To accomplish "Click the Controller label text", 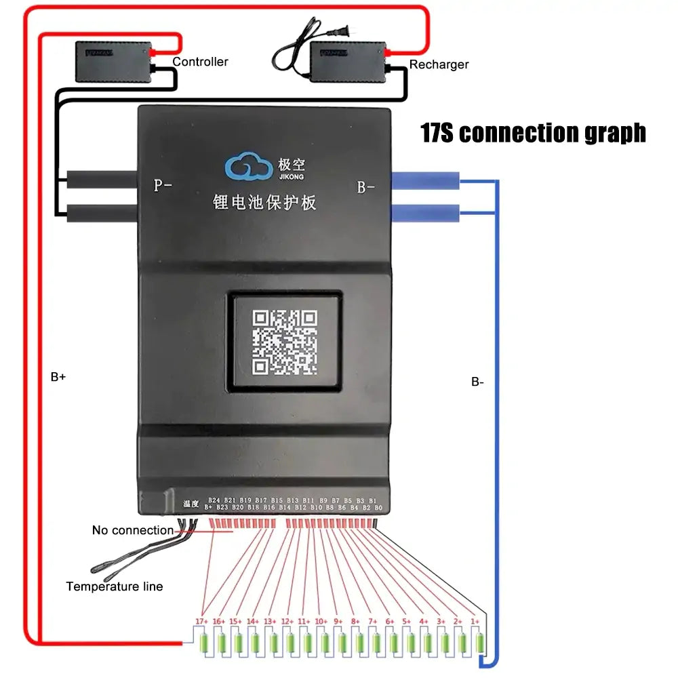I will pos(200,62).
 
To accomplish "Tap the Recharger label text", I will pos(439,64).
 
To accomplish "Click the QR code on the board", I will pos(285,342).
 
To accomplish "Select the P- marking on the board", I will pos(162,186).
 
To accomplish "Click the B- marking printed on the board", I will pos(365,187).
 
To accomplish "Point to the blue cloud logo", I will pos(247,167).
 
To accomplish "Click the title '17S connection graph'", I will pos(533,132).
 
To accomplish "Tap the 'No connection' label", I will pos(133,530).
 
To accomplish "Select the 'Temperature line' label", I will pos(114,586).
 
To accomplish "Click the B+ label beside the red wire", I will pos(58,377).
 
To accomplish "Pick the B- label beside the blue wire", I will pos(477,382).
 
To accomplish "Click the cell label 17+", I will pos(201,622).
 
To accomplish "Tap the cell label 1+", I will pos(475,622).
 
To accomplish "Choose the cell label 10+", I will pos(321,622).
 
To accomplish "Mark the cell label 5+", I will pos(406,622).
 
